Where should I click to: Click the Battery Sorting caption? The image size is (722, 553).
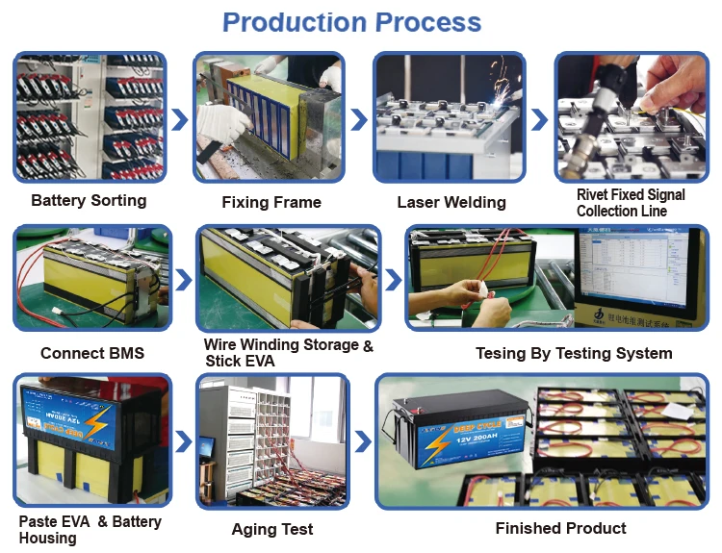(89, 201)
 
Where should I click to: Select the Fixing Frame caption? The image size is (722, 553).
(271, 202)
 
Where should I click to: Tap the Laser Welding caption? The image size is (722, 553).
(451, 202)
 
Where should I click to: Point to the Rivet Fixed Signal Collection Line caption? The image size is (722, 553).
(631, 203)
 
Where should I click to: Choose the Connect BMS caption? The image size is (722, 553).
(92, 353)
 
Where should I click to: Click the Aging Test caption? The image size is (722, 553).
(272, 529)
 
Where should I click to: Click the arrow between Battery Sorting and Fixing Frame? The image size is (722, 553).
(180, 119)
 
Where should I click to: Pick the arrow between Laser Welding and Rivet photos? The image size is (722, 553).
(540, 119)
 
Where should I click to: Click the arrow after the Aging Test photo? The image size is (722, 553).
(360, 441)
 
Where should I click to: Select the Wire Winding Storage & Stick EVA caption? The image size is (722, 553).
(288, 353)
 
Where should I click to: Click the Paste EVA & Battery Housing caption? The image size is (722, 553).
(90, 529)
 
